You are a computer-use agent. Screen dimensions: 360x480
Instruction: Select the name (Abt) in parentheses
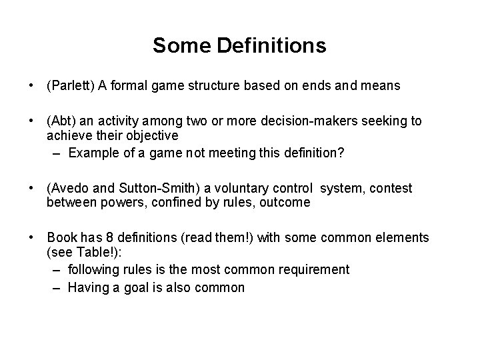62,121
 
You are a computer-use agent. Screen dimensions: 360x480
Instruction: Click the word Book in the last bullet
60,238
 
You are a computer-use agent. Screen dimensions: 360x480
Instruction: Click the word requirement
313,269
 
